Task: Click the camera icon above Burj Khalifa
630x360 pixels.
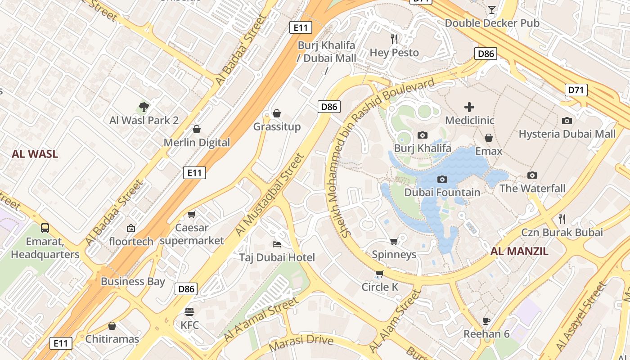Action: [x=422, y=135]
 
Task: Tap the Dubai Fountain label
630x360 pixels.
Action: [x=442, y=193]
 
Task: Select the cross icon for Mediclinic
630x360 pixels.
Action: [x=469, y=107]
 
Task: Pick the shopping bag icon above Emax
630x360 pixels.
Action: [x=489, y=138]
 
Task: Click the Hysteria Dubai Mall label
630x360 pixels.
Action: [x=567, y=134]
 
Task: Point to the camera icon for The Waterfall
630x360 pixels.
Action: [x=532, y=175]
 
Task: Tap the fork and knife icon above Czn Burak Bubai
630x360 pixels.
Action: [x=562, y=219]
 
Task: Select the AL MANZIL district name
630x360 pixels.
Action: [x=519, y=252]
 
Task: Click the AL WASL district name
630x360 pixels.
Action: [x=35, y=154]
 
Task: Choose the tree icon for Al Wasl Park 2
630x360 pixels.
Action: [x=144, y=107]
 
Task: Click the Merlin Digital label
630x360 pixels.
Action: [x=197, y=143]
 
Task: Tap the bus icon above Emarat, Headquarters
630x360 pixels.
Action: [x=45, y=228]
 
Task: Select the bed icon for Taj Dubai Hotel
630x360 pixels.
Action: [x=277, y=244]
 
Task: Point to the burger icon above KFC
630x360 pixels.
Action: [x=189, y=311]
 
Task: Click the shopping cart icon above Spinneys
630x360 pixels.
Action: [x=394, y=242]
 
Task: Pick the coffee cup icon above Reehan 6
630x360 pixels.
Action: [x=486, y=320]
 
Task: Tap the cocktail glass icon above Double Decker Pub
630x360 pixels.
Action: [x=492, y=10]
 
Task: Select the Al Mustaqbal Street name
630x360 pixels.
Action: [x=270, y=195]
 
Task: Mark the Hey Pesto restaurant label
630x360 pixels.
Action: [x=394, y=53]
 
